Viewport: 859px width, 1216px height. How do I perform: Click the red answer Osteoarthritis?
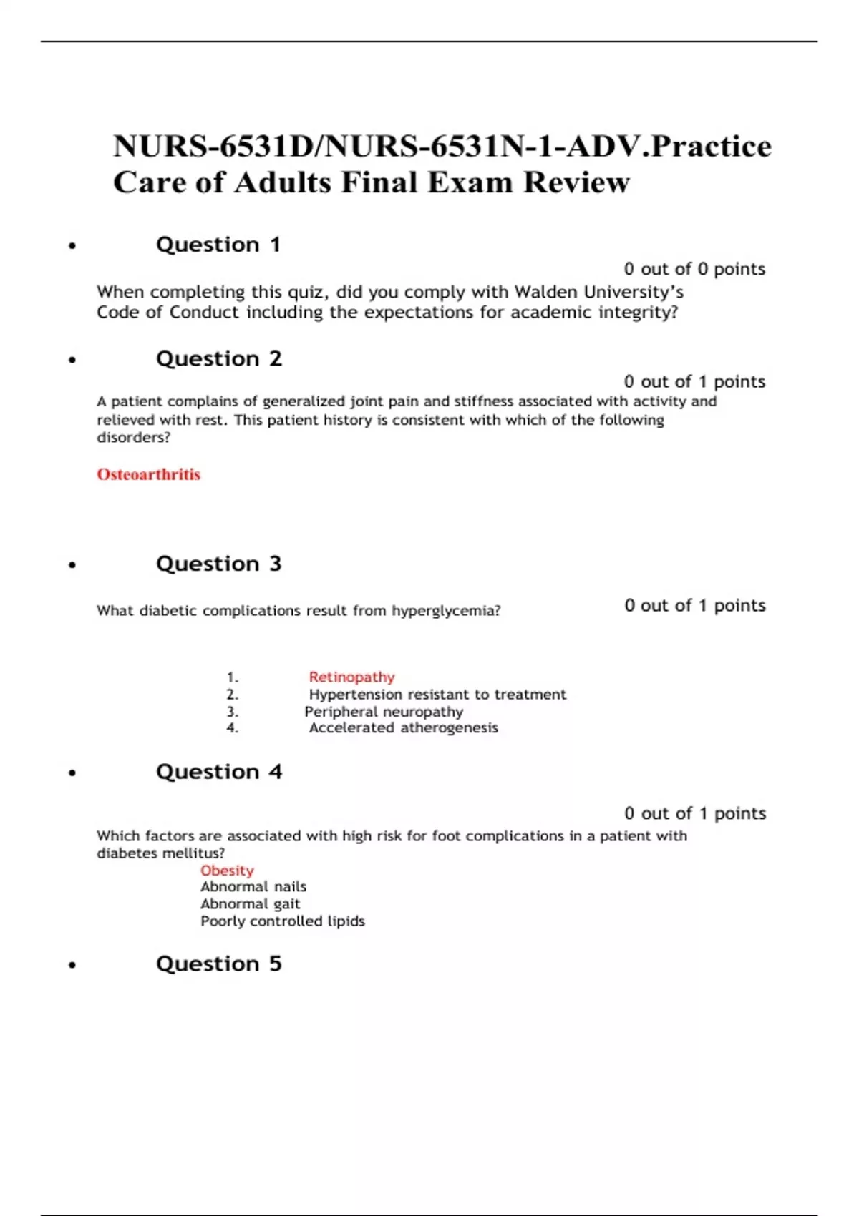tap(148, 474)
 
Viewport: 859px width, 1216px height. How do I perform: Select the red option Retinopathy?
tap(351, 677)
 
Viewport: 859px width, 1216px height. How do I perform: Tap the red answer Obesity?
tap(227, 870)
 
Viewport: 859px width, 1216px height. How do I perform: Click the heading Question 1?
tap(218, 245)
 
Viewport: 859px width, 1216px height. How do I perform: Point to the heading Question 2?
tap(219, 358)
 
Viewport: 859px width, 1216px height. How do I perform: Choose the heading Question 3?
tap(219, 564)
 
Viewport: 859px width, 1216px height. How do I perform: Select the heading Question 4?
tap(219, 772)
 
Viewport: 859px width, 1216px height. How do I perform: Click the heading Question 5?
tap(219, 964)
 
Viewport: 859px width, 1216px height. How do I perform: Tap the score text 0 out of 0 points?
tap(694, 269)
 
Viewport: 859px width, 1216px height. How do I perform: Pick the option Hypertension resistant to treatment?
tap(437, 694)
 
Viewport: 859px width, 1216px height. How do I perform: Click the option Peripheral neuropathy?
tap(384, 712)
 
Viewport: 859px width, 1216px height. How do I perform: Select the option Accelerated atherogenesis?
tap(403, 727)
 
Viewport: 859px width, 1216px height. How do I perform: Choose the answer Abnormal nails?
tap(253, 886)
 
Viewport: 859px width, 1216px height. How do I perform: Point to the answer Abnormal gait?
tap(251, 904)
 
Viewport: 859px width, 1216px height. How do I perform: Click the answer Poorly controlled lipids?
tap(283, 921)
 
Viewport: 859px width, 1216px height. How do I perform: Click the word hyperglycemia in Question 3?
tap(445, 611)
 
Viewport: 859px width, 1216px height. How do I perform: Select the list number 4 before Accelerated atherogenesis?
tap(232, 728)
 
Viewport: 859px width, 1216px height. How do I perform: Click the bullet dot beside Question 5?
tap(72, 966)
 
